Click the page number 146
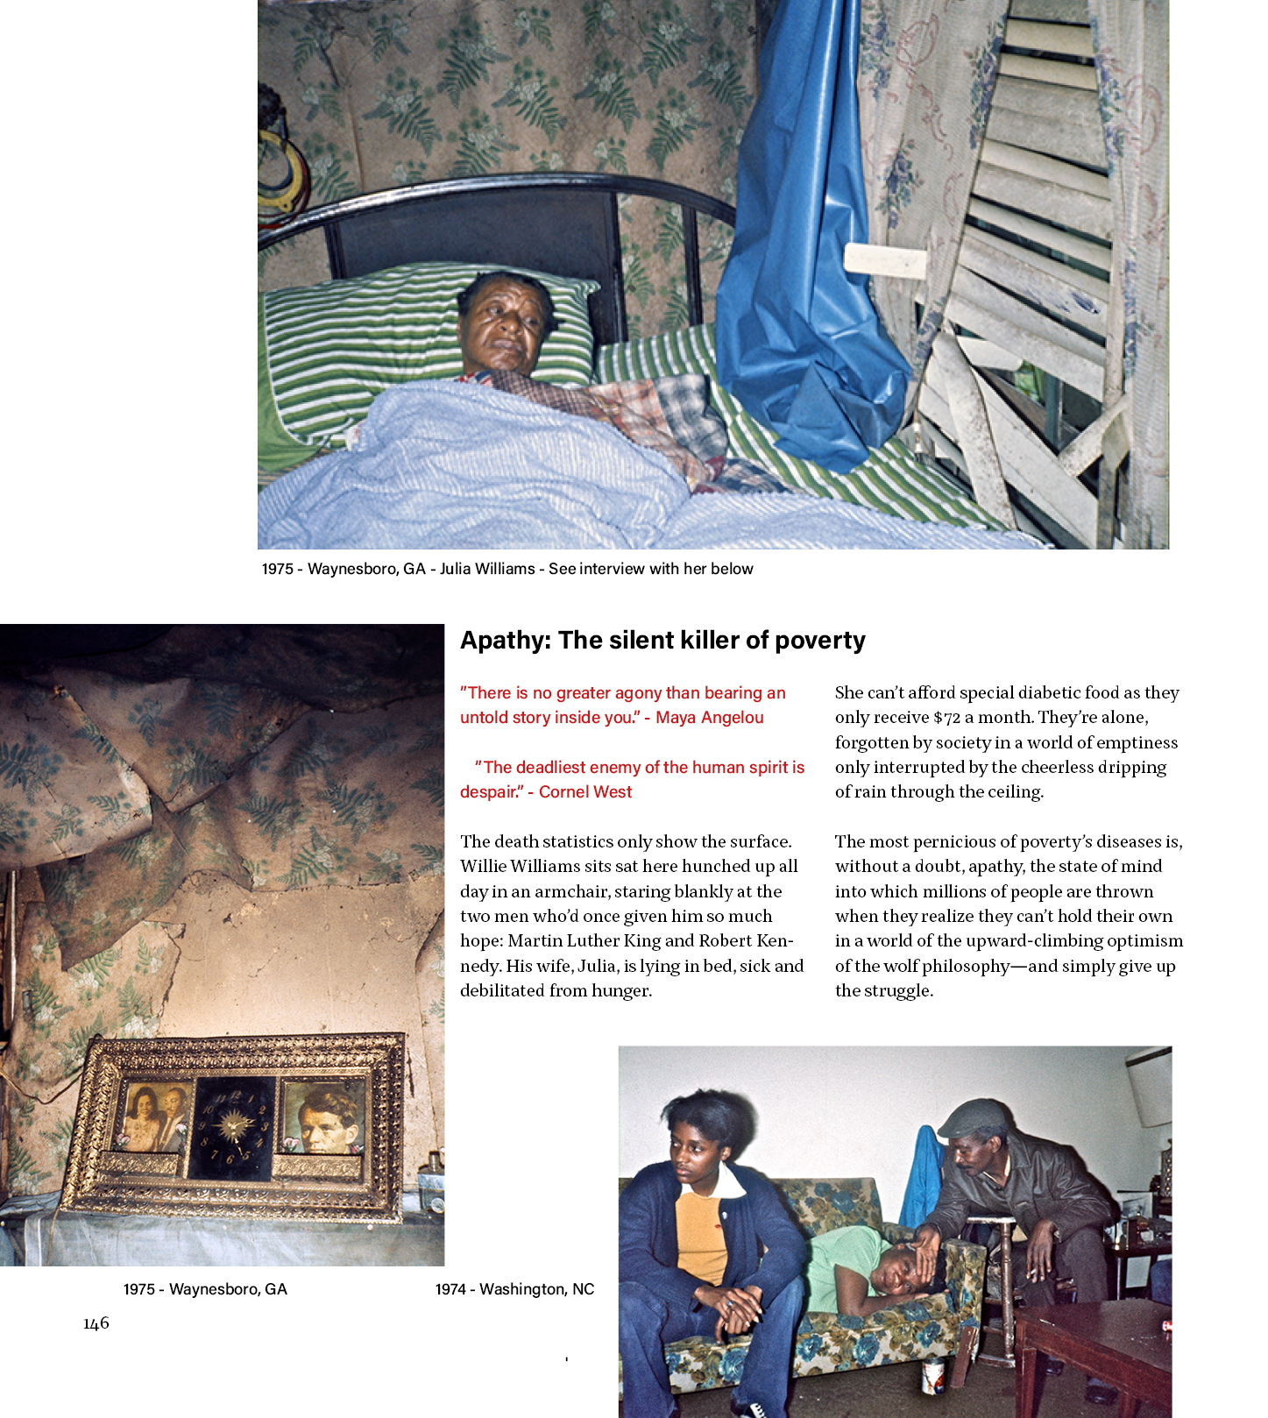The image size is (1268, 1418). coord(96,1323)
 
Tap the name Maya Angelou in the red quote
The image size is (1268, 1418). coord(709,718)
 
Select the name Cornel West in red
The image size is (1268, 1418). coord(584,792)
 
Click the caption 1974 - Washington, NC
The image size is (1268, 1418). coord(514,1289)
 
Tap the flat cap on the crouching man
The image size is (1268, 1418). coord(974,1117)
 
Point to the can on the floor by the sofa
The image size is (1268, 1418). coord(932,1376)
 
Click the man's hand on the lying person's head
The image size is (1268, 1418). coord(926,1245)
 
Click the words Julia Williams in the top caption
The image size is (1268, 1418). coord(487,569)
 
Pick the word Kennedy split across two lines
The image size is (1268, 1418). coord(775,941)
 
